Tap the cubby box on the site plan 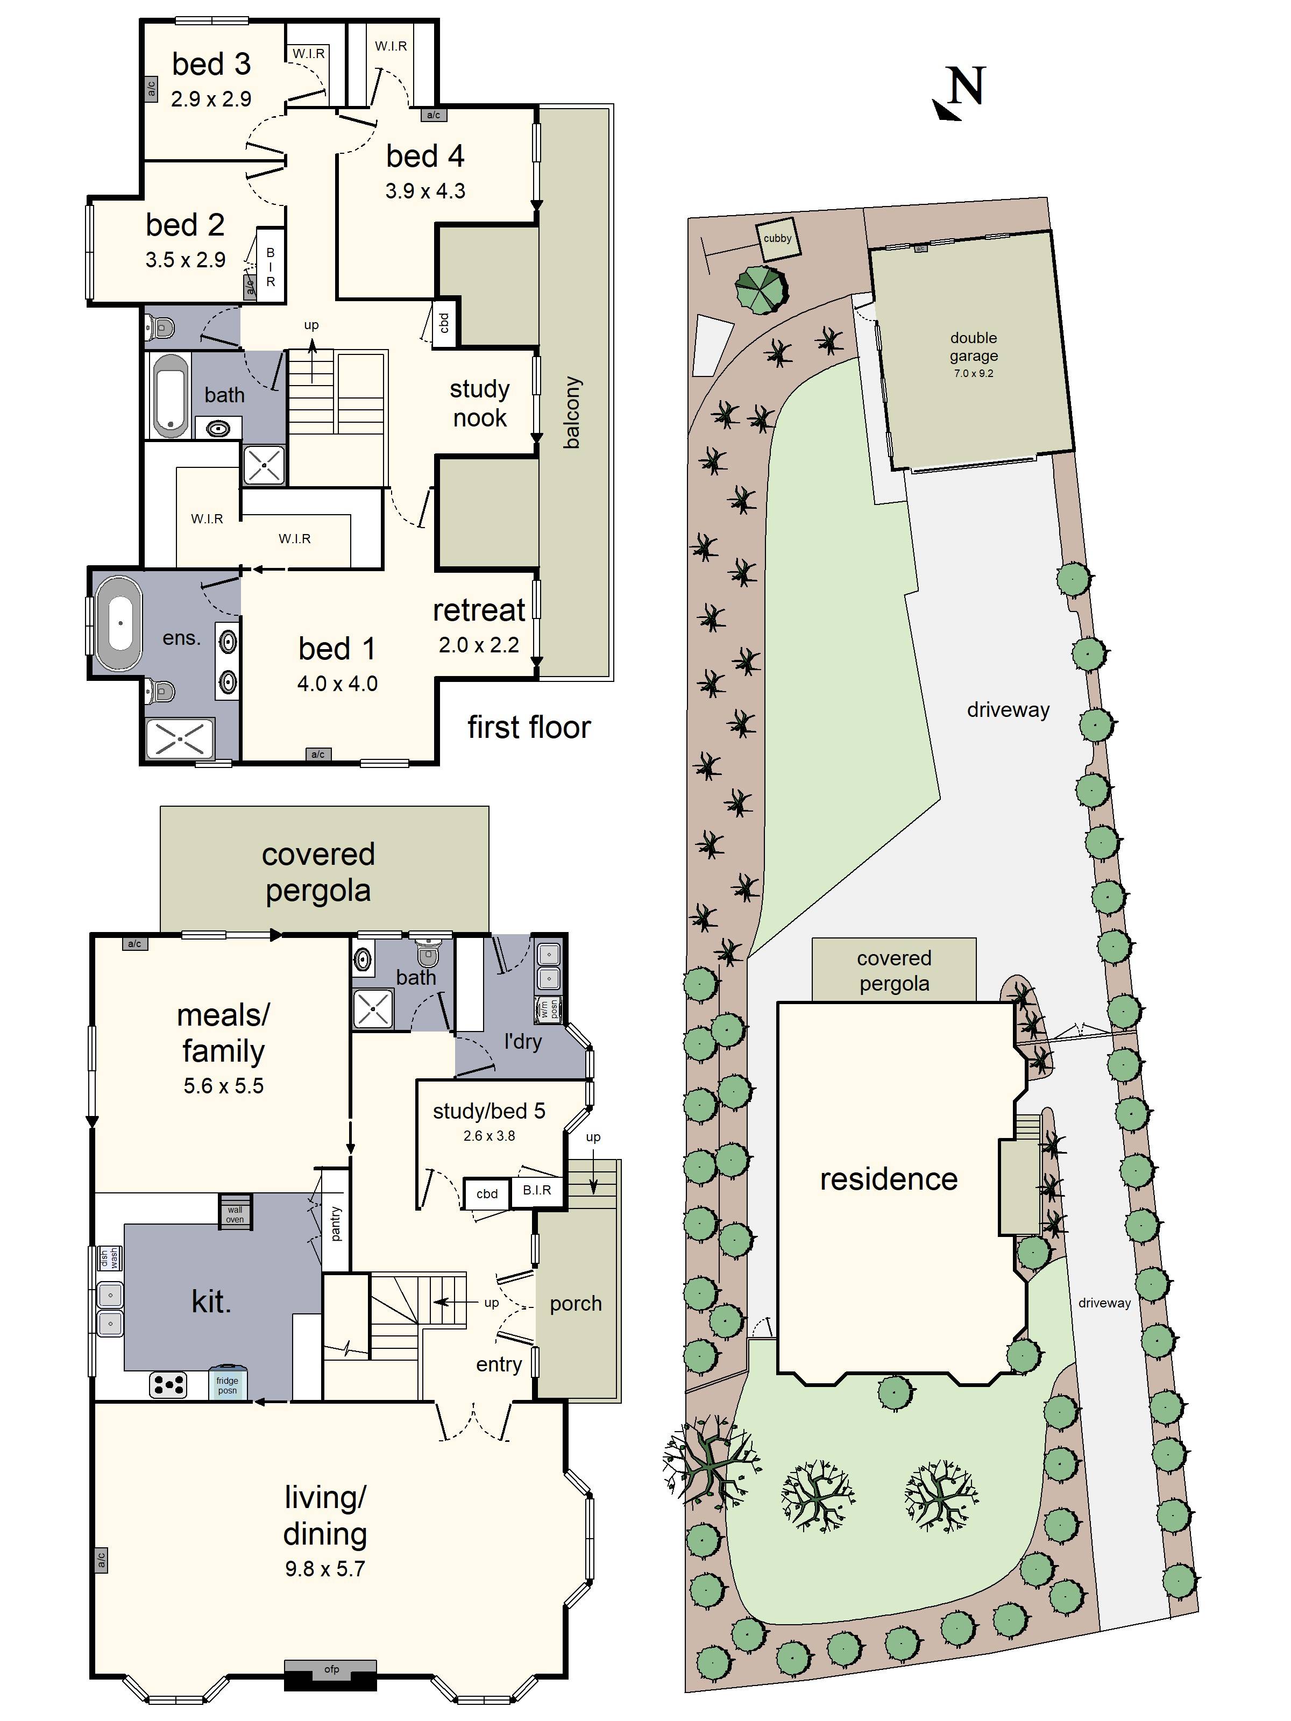[777, 239]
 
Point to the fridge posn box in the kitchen [227, 1385]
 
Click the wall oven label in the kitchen [235, 1214]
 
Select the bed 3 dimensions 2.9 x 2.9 [211, 99]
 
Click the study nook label [479, 403]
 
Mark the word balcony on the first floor [572, 413]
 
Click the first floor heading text [528, 728]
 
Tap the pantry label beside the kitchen [336, 1223]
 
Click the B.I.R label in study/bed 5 [536, 1190]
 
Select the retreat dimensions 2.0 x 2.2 [479, 645]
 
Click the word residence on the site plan [888, 1179]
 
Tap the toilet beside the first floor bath [160, 328]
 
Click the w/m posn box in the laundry [549, 1009]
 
